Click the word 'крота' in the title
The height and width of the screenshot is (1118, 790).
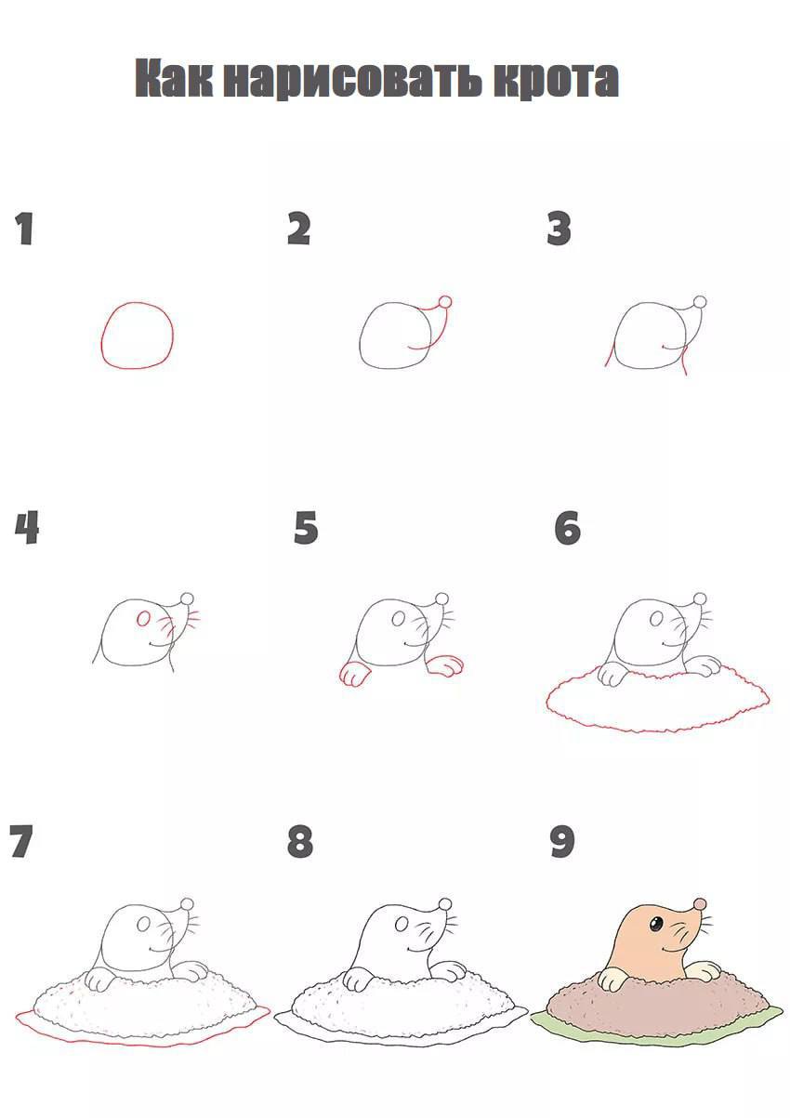[x=556, y=79]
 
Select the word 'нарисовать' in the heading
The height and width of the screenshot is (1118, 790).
[x=353, y=80]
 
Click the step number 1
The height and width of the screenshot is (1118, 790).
[x=24, y=229]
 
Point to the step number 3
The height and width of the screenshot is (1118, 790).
[x=559, y=229]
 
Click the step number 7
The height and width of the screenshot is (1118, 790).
[x=21, y=841]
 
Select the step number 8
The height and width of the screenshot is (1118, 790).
[x=300, y=841]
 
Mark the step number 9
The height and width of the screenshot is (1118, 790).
[x=562, y=841]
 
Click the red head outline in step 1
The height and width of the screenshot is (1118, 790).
[x=103, y=339]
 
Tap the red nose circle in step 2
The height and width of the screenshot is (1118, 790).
[x=444, y=301]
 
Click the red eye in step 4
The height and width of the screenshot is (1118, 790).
[x=144, y=619]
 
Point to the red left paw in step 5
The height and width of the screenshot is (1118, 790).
[x=354, y=673]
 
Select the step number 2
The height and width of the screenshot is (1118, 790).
[x=298, y=229]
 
